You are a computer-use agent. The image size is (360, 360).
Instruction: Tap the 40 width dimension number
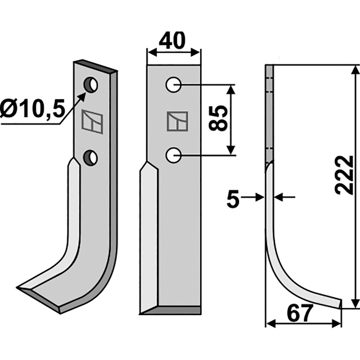click(172, 40)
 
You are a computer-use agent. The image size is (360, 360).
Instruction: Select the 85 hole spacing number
click(218, 118)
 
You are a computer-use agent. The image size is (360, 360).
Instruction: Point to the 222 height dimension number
click(344, 175)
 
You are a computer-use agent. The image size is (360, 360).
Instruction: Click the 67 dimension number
click(300, 313)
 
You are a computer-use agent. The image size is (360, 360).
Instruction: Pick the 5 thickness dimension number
click(233, 199)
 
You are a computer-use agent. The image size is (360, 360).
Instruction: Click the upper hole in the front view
click(174, 85)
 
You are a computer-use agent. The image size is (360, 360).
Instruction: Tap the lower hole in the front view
click(174, 155)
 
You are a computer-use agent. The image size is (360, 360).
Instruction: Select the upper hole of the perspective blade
click(91, 85)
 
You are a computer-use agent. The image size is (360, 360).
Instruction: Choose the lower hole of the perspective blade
click(91, 158)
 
